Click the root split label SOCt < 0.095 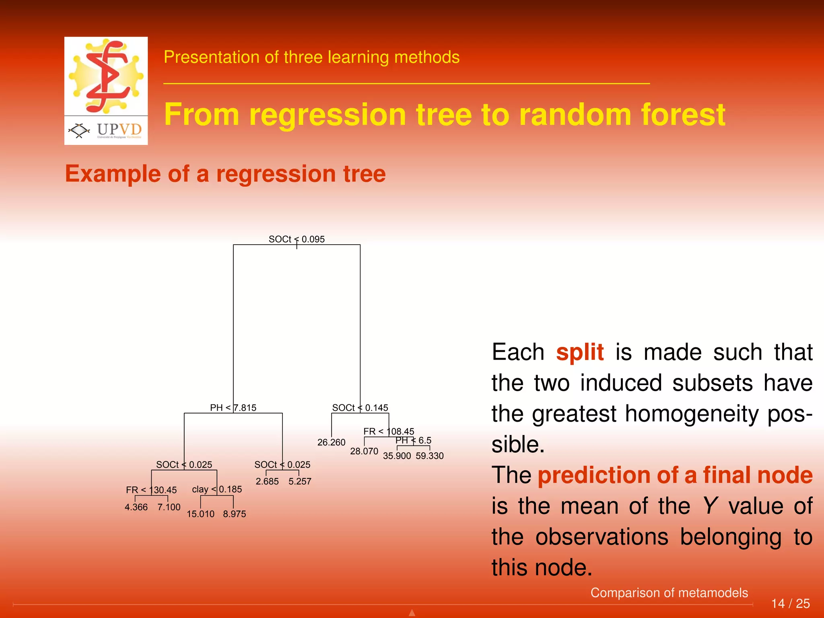[x=297, y=239]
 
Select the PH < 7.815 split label [x=233, y=408]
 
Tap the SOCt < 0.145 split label [x=360, y=408]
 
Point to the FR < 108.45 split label [x=389, y=431]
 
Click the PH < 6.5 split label [x=413, y=440]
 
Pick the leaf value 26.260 [x=331, y=442]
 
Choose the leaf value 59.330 [x=430, y=456]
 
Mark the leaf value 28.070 [x=364, y=451]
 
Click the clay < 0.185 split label [x=217, y=489]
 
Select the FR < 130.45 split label [x=151, y=490]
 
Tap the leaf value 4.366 [x=136, y=507]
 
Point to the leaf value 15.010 [x=200, y=514]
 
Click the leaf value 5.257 [x=300, y=481]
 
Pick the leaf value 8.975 [x=235, y=514]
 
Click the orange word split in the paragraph [x=580, y=352]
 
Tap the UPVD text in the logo [x=119, y=130]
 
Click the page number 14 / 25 [x=790, y=604]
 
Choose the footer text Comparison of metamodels [x=669, y=593]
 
